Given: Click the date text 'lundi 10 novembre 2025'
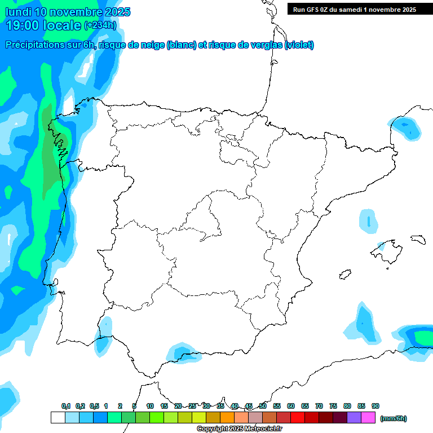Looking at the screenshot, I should pos(68,12).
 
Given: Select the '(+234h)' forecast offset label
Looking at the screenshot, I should pos(100,25).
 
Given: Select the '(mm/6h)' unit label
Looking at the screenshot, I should pos(393,418).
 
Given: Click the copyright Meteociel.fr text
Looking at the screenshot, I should pos(240,429).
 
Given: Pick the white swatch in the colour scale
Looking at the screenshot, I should pos(58,418).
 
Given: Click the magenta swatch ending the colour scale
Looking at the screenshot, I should pos(368,418).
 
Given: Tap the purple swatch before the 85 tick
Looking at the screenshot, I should pos(354,418).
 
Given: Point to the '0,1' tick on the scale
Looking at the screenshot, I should pos(66,406).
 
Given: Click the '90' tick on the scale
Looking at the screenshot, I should pos(375,406).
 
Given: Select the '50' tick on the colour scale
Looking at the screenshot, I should pos(263,406).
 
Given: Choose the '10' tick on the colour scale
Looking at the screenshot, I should pos(150,406).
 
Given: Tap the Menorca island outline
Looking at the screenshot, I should pos(418,239).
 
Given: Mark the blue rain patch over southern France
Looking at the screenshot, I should pos(407,128).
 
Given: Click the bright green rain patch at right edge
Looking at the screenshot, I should pos(423,337).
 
